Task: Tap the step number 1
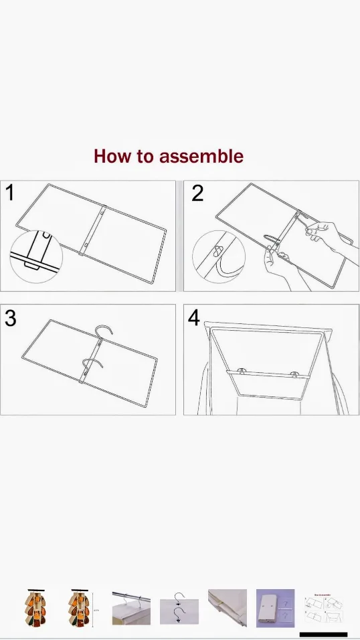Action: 9,193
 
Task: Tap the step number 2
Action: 197,193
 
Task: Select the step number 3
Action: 10,318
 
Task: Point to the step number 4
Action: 194,318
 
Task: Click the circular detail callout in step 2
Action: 219,256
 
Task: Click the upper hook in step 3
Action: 103,333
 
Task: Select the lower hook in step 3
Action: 91,366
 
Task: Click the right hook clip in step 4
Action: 294,372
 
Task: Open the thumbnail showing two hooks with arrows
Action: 179,608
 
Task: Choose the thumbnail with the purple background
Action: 275,608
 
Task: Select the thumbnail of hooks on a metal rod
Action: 130,608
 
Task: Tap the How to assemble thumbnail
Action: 323,608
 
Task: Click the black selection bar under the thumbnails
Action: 323,634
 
